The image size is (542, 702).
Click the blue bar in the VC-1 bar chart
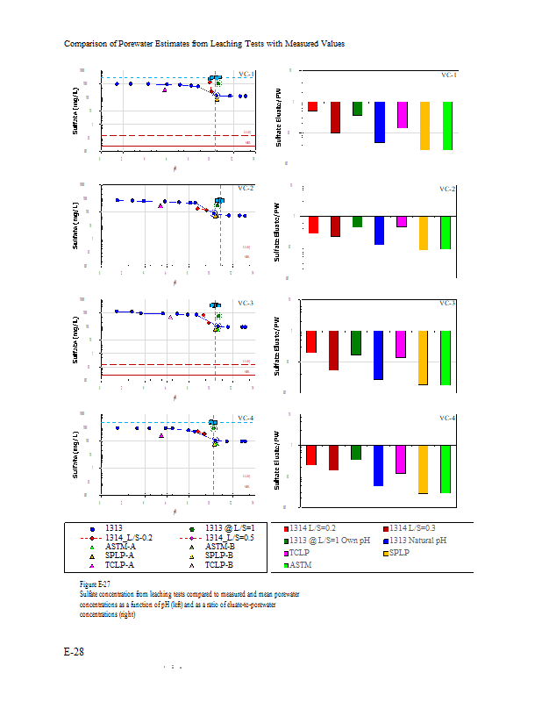380,122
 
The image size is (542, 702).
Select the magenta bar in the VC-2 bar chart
402,220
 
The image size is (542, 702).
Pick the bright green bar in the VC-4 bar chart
446,469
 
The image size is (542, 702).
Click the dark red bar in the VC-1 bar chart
335,117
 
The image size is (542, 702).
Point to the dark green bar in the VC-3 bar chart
357,342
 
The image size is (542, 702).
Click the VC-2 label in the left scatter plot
246,188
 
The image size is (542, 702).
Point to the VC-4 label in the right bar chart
447,418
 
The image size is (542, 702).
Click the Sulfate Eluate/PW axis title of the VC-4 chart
279,458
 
